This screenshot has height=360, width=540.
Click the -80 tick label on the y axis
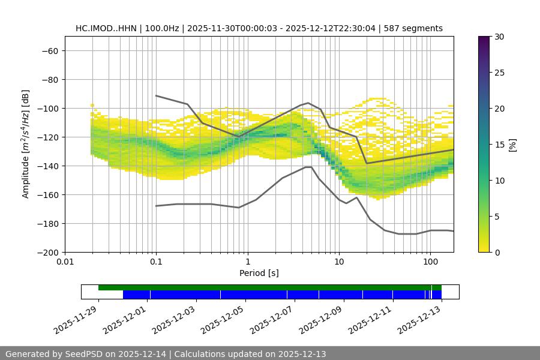(49, 79)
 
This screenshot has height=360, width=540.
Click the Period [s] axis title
(259, 273)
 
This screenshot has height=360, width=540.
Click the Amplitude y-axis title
(26, 144)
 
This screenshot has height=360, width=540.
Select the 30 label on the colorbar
(499, 37)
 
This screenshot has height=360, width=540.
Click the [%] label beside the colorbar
(512, 145)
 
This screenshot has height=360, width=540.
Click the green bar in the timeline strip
(264, 287)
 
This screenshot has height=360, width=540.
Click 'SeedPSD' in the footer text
(85, 354)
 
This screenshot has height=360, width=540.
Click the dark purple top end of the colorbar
(484, 39)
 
